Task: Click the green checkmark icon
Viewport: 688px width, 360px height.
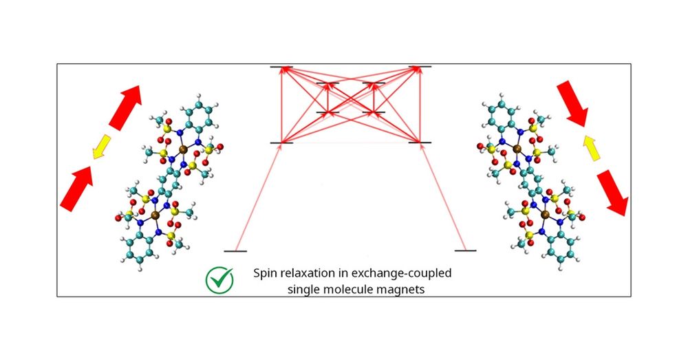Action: coord(219,280)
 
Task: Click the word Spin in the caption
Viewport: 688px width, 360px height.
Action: coord(267,273)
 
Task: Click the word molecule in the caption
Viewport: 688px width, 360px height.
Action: coord(354,290)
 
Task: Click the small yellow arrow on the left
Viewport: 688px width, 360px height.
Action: coord(103,146)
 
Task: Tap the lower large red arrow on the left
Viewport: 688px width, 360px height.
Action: coord(78,188)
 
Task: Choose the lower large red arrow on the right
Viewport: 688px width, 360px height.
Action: coord(612,193)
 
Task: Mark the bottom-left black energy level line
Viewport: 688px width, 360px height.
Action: coord(235,251)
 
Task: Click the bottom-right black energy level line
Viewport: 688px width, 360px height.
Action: coord(465,251)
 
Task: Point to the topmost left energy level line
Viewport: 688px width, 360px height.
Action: coord(281,67)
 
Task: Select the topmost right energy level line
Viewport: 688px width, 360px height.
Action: coord(420,67)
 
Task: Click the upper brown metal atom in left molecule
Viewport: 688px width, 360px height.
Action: coord(182,147)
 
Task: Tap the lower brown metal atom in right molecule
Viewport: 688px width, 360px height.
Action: coord(546,215)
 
